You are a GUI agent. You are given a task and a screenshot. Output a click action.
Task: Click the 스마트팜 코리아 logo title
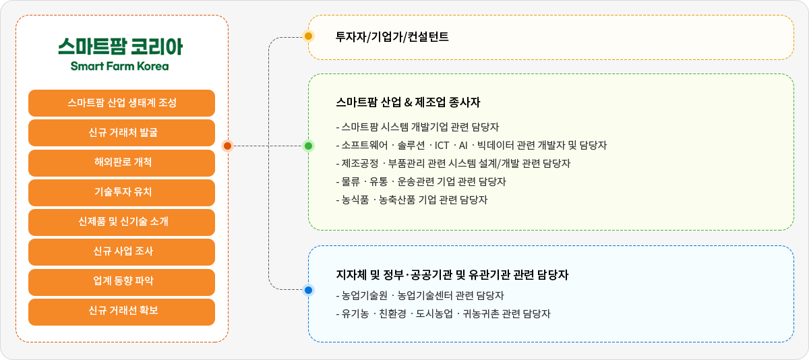tap(120, 47)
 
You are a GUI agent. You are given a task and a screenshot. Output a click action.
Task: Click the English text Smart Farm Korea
tap(120, 66)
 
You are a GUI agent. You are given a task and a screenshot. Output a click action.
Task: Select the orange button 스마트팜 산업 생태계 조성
tap(122, 103)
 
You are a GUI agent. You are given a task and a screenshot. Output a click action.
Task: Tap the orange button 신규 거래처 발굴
tap(122, 133)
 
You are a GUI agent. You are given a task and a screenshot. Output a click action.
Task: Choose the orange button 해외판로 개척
tap(122, 162)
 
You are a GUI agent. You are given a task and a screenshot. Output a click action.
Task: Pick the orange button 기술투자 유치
tap(122, 193)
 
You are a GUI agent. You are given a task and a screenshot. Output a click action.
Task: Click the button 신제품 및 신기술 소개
tap(122, 222)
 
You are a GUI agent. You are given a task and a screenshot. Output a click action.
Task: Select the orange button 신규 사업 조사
tap(122, 252)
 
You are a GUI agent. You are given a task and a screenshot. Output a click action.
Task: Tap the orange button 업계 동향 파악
tap(122, 282)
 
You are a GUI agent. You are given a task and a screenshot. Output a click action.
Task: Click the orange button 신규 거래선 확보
tap(122, 311)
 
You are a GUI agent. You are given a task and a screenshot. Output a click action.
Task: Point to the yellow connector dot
tap(309, 36)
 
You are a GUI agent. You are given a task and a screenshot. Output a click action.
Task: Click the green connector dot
tap(309, 146)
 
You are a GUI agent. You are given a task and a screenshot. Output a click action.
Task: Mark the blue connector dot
tap(309, 291)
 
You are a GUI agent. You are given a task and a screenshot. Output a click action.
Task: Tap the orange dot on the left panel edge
tap(228, 146)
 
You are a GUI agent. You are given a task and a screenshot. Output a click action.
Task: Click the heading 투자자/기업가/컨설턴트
tap(392, 36)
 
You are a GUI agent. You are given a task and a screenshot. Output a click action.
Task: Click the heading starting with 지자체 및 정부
tap(452, 275)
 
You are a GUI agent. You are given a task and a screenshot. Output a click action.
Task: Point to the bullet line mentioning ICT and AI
tap(471, 145)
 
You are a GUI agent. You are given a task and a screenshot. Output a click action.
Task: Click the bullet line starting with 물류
tap(421, 181)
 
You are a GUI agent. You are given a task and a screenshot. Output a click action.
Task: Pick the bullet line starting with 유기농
tap(443, 313)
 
